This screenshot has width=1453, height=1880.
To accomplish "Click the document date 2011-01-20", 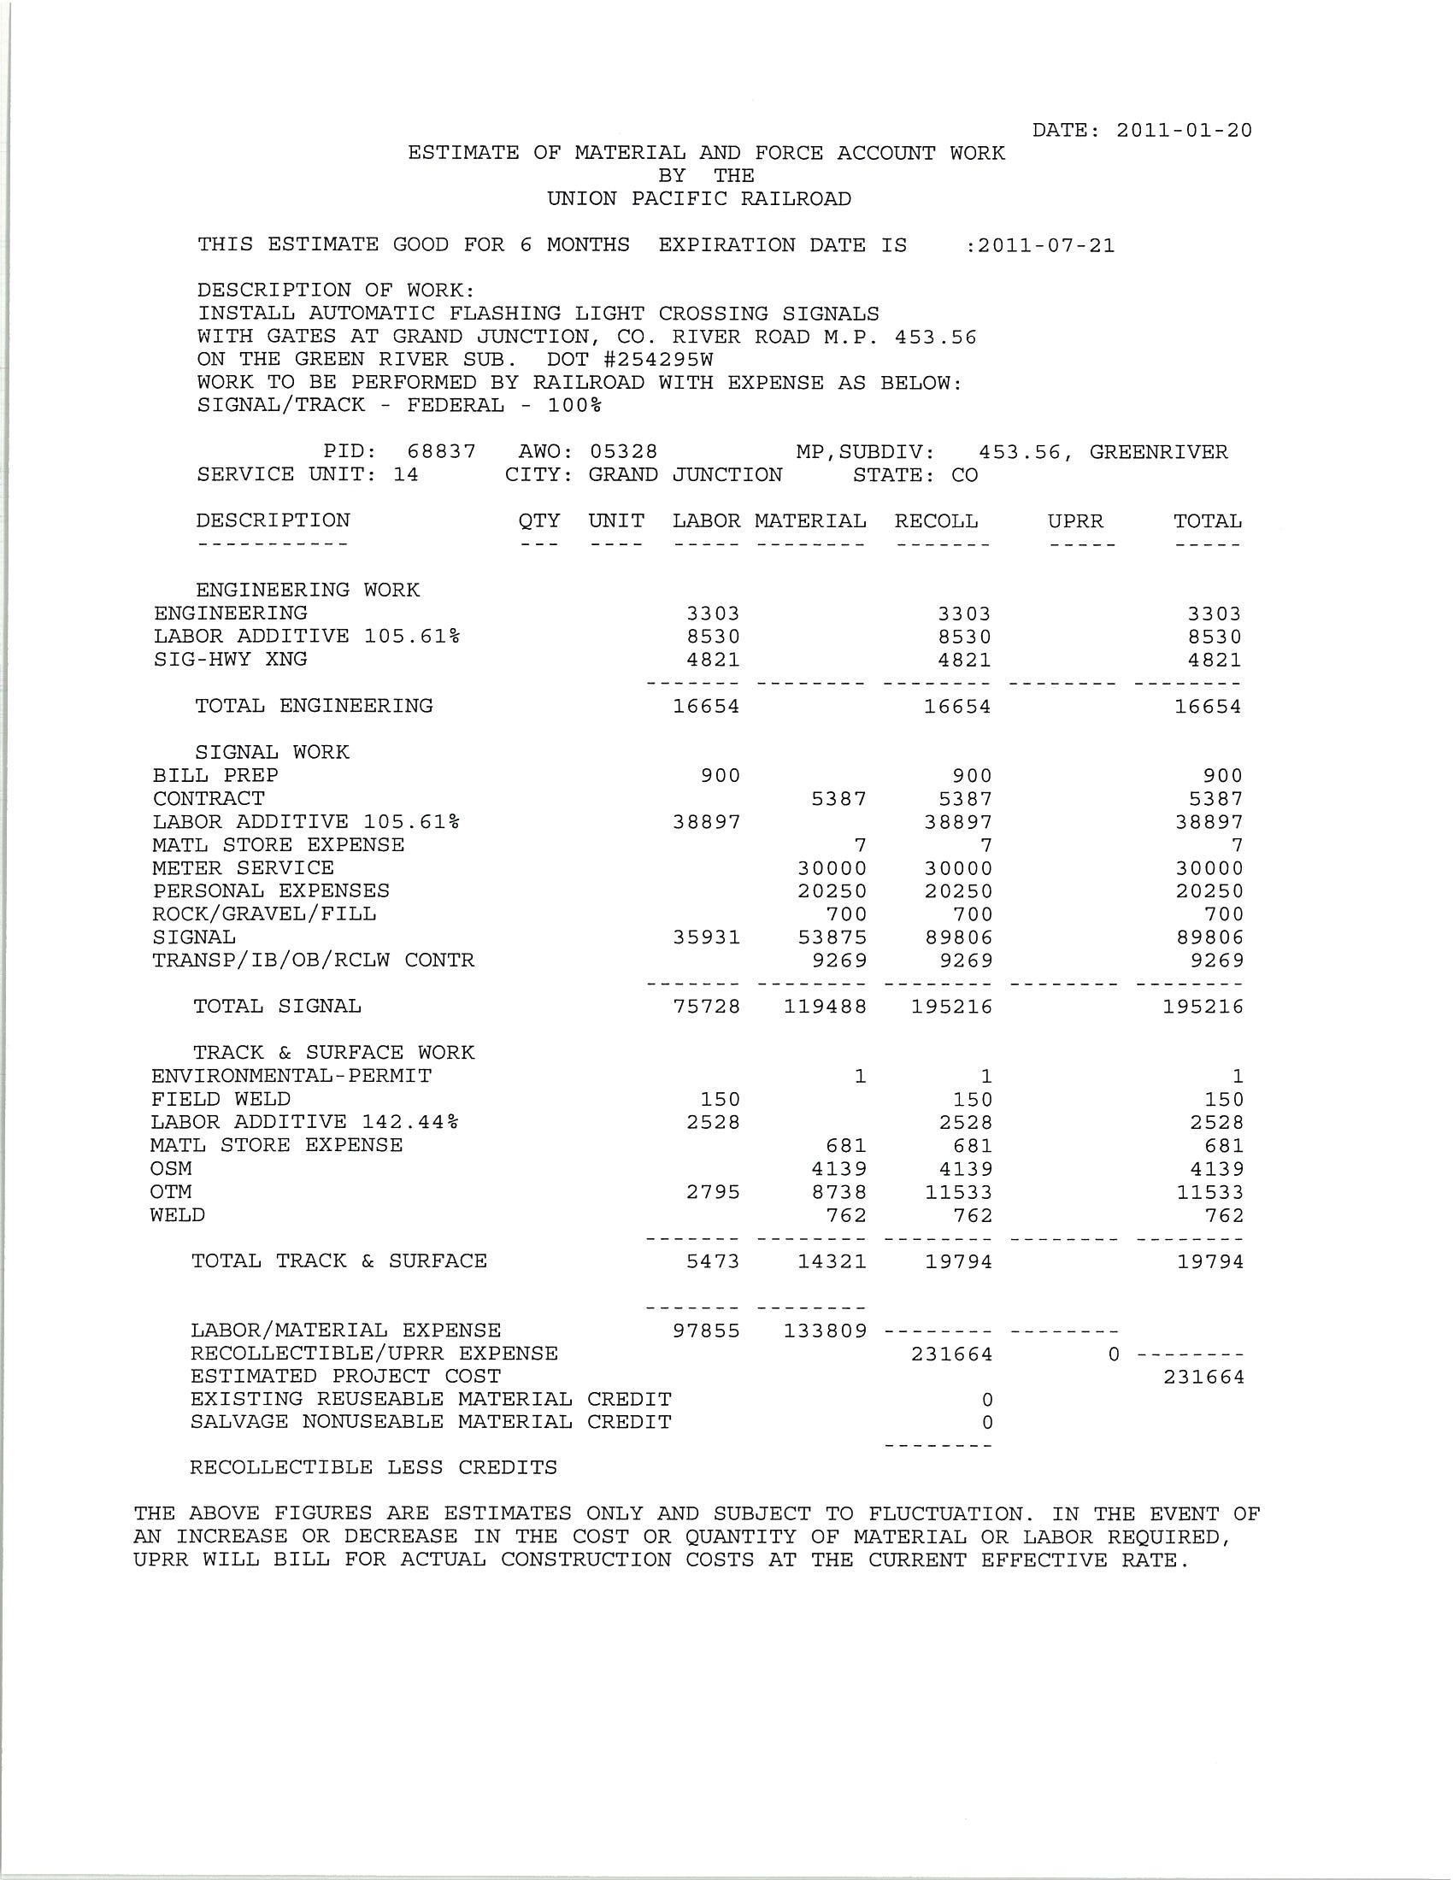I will [x=1184, y=131].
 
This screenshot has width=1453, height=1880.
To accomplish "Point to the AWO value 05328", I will [x=623, y=452].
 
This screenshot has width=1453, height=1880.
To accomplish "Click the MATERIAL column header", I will [x=810, y=521].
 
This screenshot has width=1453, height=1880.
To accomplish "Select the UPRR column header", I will [x=1075, y=521].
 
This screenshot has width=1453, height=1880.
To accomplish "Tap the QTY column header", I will [x=538, y=521].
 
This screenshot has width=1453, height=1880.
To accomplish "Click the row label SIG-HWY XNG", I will [x=231, y=660].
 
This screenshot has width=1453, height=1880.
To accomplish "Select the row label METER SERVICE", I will [x=244, y=867].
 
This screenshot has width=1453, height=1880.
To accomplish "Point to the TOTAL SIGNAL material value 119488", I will [x=825, y=1007].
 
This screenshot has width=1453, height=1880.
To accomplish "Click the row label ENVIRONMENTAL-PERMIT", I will [x=291, y=1076].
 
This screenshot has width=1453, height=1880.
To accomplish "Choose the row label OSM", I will [x=171, y=1169].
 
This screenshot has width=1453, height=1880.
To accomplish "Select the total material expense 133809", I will [x=825, y=1331].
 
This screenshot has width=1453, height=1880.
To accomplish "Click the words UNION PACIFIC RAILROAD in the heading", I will [x=699, y=199].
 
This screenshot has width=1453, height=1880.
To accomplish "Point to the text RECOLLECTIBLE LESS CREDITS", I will [x=374, y=1467].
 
